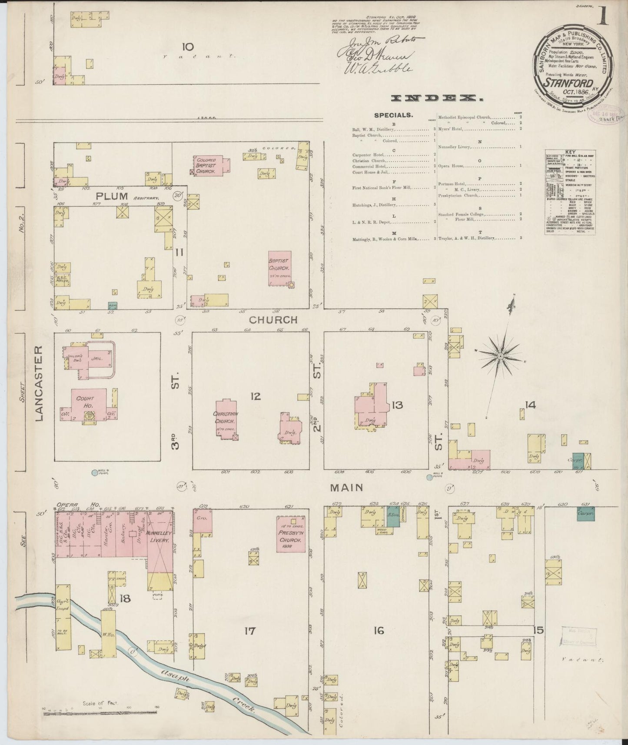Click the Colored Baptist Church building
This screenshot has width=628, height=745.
pos(211,166)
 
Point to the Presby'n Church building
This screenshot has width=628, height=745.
pos(291,534)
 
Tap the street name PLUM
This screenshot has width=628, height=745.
pos(111,196)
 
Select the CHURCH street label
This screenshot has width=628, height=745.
pos(273,320)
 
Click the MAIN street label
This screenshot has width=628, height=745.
pos(346,488)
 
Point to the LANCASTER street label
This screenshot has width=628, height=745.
pos(39,383)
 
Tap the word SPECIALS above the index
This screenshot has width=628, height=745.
pos(393,115)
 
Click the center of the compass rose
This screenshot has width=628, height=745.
pos(500,356)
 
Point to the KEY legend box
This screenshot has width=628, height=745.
pos(570,193)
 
